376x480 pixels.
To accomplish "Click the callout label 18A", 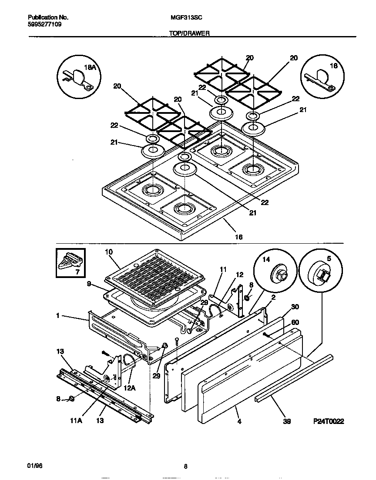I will click(89, 67).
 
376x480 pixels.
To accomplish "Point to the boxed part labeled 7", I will click(70, 263).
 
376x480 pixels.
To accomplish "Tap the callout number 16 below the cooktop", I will click(238, 237).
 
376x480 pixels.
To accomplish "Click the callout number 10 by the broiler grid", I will click(109, 252).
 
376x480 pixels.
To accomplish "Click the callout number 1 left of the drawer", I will click(57, 316).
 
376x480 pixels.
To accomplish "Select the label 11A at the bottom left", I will click(76, 421).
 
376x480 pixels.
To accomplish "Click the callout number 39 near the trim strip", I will click(287, 421).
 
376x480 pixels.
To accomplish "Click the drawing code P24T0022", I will click(329, 421).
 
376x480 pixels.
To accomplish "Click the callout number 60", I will click(295, 322).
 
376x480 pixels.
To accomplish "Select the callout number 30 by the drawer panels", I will click(295, 307).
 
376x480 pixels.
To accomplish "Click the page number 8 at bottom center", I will click(185, 467).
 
